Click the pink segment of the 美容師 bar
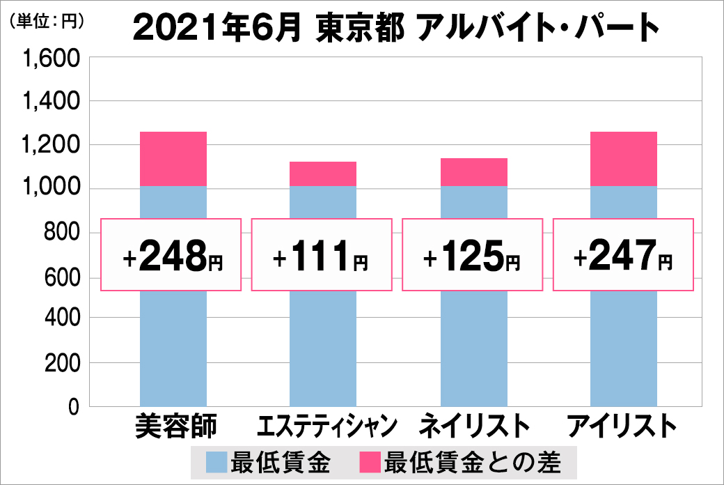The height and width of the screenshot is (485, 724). click(x=173, y=159)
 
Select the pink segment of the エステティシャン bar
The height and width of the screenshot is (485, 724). click(x=323, y=174)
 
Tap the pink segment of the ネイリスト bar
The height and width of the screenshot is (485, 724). click(x=474, y=172)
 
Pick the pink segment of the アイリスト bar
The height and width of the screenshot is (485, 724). click(x=623, y=159)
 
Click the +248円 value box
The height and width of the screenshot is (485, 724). click(x=171, y=255)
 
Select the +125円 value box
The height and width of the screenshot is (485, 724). click(x=472, y=255)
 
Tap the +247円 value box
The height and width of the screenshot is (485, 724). click(x=623, y=255)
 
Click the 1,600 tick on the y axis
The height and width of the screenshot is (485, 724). click(x=53, y=60)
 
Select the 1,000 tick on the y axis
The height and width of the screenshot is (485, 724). click(x=53, y=189)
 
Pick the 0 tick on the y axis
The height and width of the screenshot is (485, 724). click(x=74, y=407)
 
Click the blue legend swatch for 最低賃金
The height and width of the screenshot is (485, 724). click(x=217, y=462)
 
